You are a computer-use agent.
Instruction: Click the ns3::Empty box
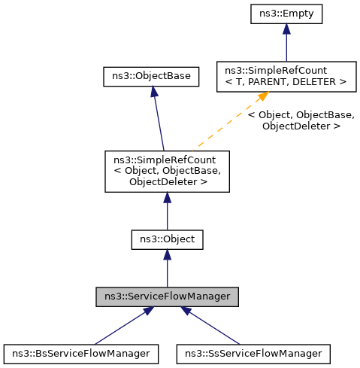[x=286, y=14]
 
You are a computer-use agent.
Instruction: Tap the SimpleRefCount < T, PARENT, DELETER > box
[x=285, y=76]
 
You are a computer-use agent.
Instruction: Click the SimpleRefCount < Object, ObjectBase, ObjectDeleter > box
[x=167, y=171]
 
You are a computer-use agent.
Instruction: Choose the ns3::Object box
[x=167, y=240]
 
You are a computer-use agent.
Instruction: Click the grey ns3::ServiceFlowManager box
[x=167, y=297]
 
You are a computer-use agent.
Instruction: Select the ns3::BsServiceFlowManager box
[x=81, y=352]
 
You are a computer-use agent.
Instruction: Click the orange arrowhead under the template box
[x=263, y=97]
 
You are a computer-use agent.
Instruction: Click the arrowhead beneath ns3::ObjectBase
[x=153, y=91]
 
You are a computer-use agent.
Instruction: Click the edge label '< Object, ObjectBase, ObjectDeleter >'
[x=301, y=120]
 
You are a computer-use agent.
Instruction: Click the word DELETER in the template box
[x=319, y=81]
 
